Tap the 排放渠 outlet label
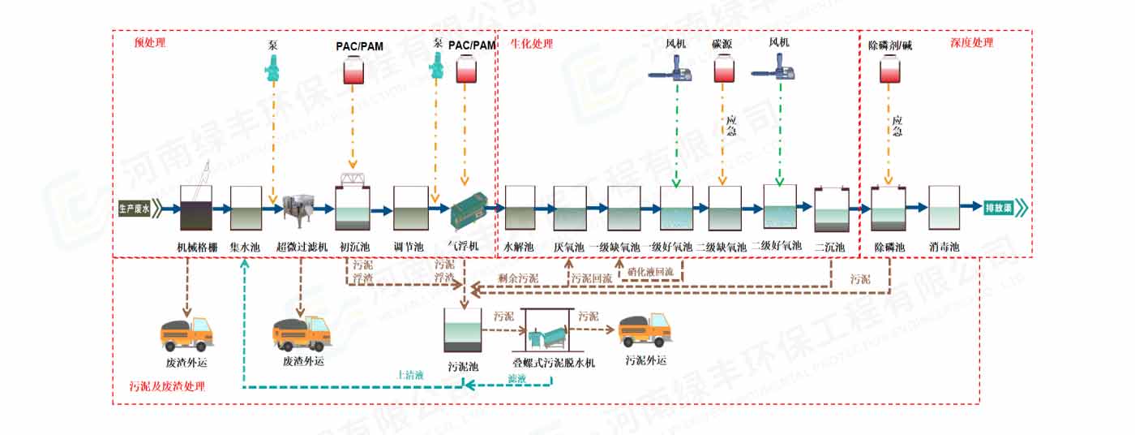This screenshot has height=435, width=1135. (x=998, y=208)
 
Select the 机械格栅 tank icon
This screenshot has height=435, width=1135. (x=196, y=209)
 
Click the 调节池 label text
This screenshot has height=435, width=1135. (x=410, y=246)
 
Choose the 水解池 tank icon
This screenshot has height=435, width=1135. (x=520, y=208)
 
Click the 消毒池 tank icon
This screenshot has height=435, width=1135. (x=944, y=207)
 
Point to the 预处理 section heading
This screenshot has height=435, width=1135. (x=150, y=43)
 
